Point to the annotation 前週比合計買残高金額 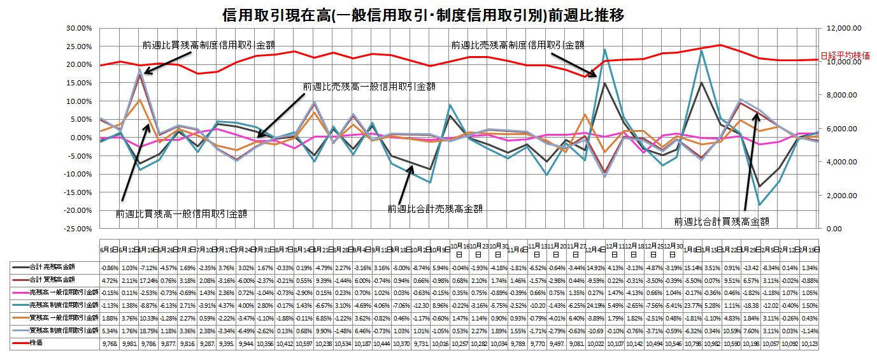721,222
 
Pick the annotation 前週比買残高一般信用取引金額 181,214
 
